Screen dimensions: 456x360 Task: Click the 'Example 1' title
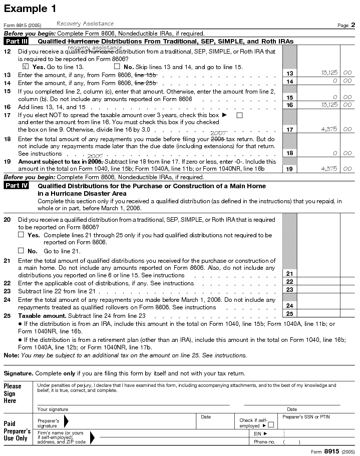point(30,9)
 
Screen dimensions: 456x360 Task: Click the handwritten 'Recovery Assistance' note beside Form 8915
point(85,24)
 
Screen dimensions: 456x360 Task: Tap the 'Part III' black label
point(17,42)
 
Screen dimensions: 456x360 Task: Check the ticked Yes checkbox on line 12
point(27,66)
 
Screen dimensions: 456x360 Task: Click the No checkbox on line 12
point(117,66)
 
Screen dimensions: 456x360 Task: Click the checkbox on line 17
point(239,115)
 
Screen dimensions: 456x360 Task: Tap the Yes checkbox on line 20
point(21,234)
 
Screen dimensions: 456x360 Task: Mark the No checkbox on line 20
point(21,250)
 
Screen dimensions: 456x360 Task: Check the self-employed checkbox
point(271,425)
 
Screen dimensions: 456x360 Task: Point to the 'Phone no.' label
point(264,442)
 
